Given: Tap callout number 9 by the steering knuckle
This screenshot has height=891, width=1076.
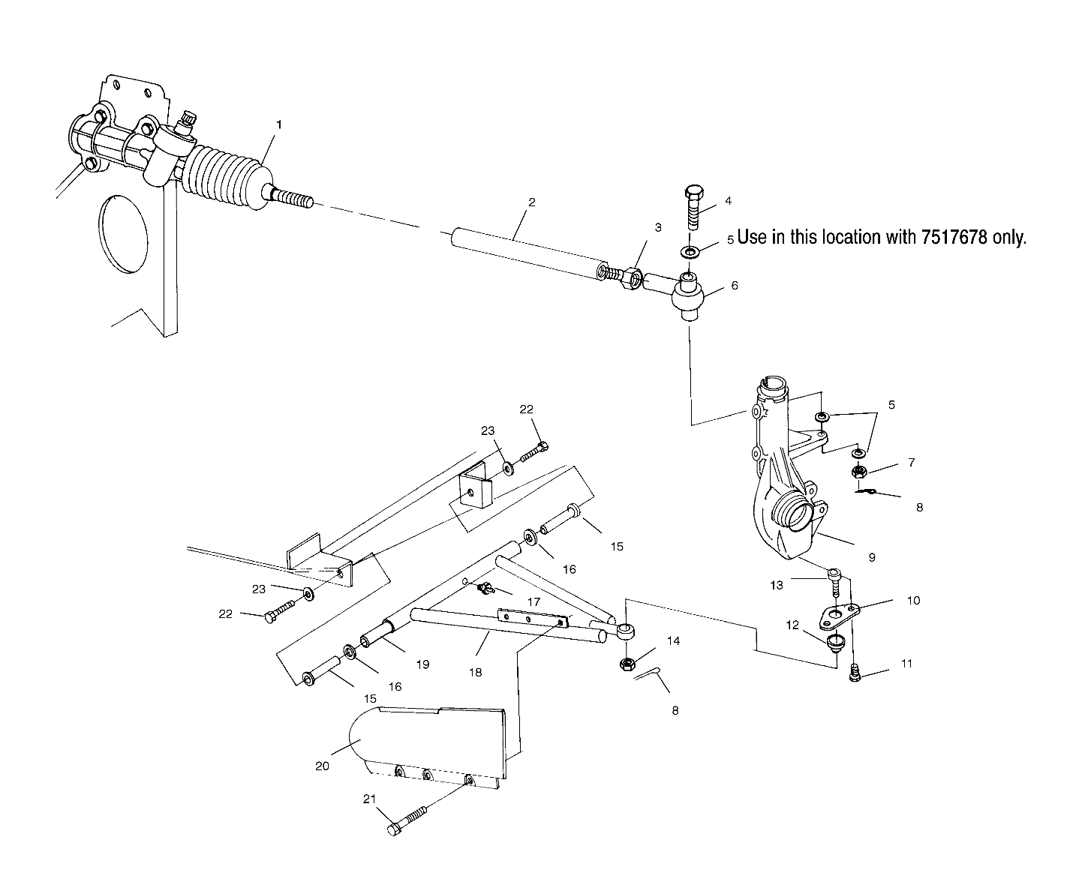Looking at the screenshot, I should click(872, 557).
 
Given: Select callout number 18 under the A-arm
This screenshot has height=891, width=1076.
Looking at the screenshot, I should click(475, 672).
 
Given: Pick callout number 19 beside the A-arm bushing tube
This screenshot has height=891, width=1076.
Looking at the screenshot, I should click(422, 664).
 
